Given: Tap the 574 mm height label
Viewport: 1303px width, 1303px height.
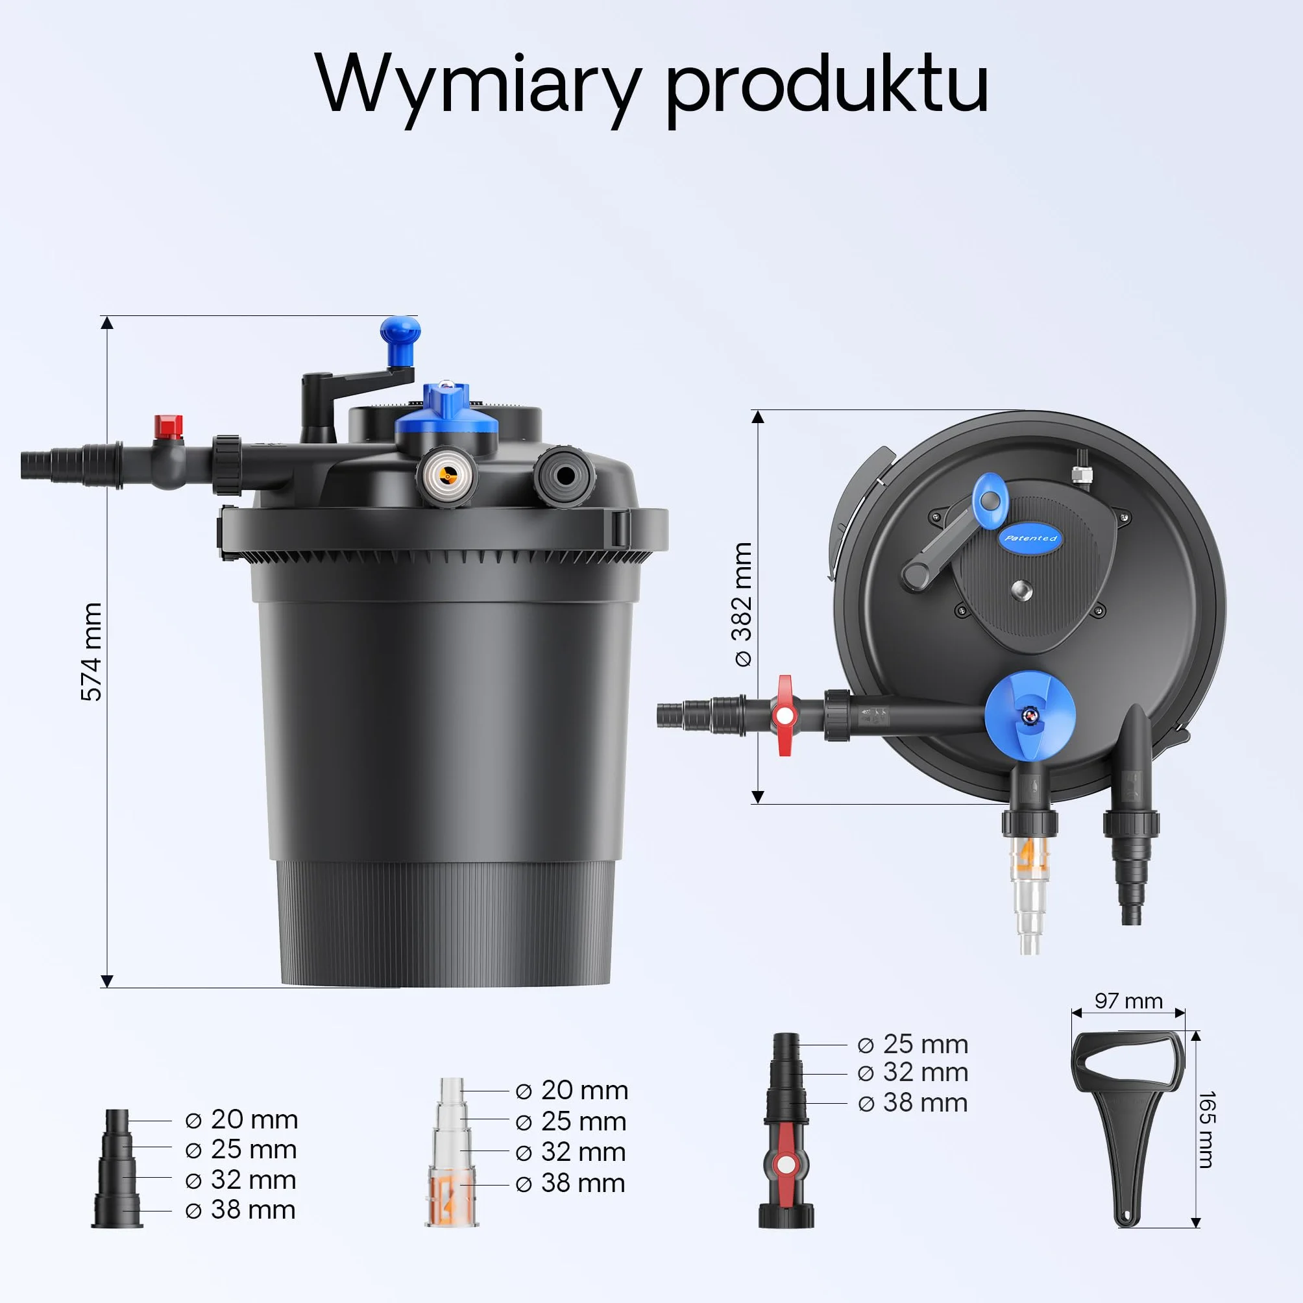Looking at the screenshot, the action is [91, 652].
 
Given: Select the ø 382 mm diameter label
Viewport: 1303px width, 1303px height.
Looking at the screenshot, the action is [742, 605].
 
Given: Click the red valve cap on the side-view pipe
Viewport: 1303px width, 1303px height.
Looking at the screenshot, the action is [168, 427].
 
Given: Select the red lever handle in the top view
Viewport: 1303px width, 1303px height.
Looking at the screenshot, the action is [785, 716].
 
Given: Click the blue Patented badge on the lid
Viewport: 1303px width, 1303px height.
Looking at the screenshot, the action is [1030, 538].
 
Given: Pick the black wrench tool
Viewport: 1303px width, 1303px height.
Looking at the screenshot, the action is [1128, 1128].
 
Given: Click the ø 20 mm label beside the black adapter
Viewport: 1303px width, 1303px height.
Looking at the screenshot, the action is [241, 1120].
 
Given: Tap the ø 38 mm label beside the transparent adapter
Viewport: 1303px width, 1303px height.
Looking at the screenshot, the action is [570, 1184].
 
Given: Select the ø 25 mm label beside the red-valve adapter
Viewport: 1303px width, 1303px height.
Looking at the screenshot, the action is [912, 1045].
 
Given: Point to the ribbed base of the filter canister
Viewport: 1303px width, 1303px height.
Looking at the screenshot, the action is [446, 924].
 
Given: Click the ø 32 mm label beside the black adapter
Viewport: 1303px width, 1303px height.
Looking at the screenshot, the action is [241, 1180].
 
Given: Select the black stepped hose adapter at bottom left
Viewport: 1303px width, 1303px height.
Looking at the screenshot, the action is [117, 1169].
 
